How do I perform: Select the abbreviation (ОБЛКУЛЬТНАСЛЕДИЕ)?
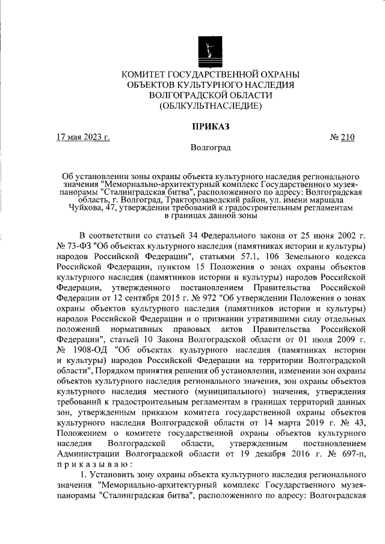pos(210,106)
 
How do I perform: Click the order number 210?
pos(348,137)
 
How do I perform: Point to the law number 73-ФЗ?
pos(77,246)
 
